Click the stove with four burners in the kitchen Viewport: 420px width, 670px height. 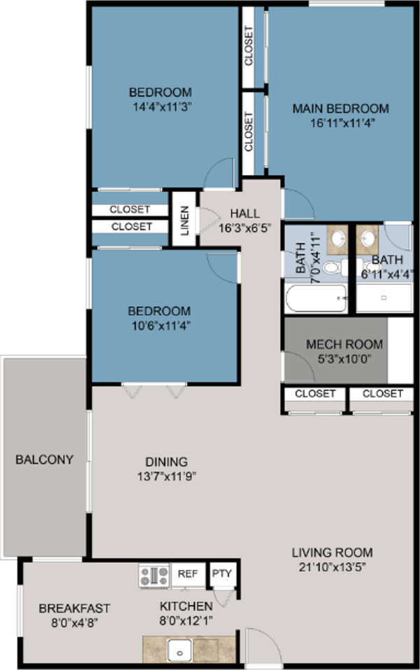click(x=154, y=575)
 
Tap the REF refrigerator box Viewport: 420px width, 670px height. click(x=187, y=574)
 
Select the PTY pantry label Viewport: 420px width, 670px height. click(x=223, y=574)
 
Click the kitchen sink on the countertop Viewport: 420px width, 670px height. click(x=182, y=650)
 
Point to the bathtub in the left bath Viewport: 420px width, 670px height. click(x=315, y=299)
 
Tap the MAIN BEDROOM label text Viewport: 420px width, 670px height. click(x=340, y=109)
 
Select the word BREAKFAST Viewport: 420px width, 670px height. click(x=74, y=608)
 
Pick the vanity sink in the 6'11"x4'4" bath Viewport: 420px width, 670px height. click(x=368, y=239)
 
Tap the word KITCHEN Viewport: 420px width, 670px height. click(x=187, y=606)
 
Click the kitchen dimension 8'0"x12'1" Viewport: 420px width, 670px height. click(x=187, y=620)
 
